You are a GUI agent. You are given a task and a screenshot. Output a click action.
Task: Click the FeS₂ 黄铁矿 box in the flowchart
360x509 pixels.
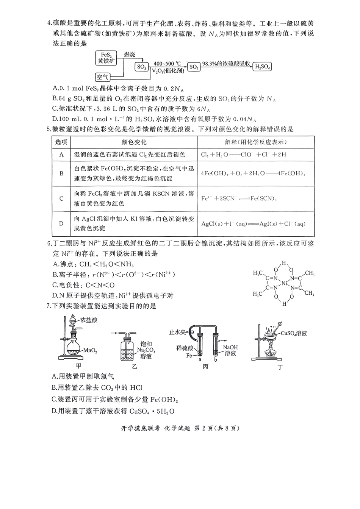click(106, 58)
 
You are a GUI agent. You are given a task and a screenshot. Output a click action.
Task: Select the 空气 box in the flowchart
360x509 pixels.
click(102, 77)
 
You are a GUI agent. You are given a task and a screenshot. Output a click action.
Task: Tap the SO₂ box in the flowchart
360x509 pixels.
click(141, 67)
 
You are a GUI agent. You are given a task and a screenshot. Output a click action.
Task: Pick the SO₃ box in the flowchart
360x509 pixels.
click(193, 67)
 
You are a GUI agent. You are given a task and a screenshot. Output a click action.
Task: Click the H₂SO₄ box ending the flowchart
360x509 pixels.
click(262, 67)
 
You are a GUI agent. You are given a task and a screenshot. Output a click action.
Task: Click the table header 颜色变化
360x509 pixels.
click(134, 142)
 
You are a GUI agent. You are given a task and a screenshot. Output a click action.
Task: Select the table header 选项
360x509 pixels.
click(61, 142)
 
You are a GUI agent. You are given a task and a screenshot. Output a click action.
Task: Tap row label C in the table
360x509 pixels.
click(61, 198)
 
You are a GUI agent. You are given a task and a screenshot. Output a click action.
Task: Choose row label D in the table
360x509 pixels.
click(61, 223)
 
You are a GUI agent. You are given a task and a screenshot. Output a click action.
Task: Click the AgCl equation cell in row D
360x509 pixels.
click(253, 224)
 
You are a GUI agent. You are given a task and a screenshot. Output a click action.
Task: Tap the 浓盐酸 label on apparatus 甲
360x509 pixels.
click(89, 320)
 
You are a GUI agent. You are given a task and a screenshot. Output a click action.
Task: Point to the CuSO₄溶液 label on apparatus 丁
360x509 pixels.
click(294, 333)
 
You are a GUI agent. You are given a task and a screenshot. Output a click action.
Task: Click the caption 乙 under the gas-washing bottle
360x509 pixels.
click(134, 367)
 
